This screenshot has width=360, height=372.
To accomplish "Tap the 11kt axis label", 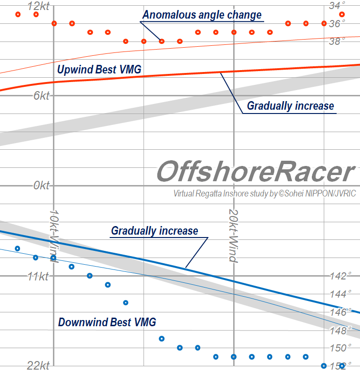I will pos(38,276).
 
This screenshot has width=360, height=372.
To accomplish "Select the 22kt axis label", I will pos(38,366).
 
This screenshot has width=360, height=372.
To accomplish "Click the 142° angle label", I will pos(340,276).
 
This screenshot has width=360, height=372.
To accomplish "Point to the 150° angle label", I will pos(340,348).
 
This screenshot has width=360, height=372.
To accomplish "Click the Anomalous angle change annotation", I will pos(202,15).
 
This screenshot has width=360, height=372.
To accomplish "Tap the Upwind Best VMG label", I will pos(99,70).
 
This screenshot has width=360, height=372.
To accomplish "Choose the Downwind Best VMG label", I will pos(107,322).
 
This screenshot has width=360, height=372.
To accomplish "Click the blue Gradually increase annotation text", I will pos(154,231).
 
